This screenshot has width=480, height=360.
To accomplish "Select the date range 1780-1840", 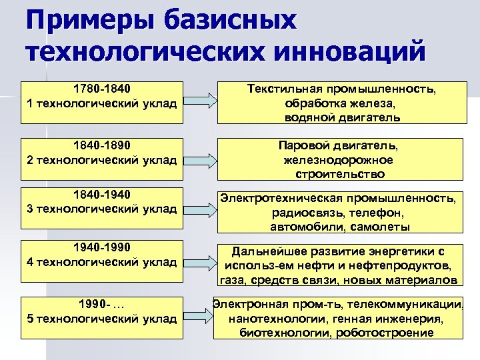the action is pos(102,89).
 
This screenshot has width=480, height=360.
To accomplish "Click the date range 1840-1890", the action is pos(102,145).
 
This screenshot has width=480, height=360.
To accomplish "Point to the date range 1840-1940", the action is pos(102,194).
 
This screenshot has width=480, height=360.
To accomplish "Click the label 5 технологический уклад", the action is pos(102,318).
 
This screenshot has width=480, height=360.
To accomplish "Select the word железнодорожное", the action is pos(338,160).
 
